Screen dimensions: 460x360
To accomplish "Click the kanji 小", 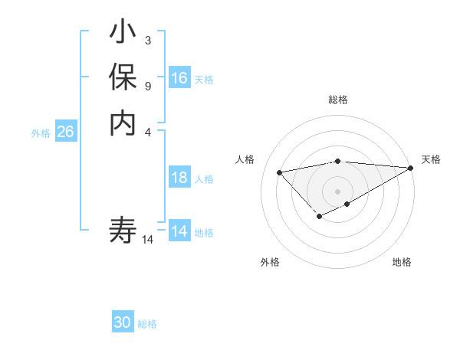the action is pyautogui.click(x=123, y=33).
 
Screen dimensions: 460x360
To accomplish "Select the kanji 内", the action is pyautogui.click(x=123, y=123).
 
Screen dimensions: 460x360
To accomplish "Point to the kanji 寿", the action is pyautogui.click(x=123, y=231).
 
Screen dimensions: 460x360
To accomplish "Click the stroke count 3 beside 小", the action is pyautogui.click(x=147, y=40).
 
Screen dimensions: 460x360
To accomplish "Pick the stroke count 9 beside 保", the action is pyautogui.click(x=147, y=85).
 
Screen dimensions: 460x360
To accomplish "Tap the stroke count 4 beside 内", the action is pyautogui.click(x=147, y=131).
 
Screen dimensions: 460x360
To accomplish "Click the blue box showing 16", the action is pyautogui.click(x=179, y=78).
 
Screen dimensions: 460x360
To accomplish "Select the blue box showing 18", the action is pyautogui.click(x=179, y=178).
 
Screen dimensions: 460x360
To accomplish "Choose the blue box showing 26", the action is pyautogui.click(x=65, y=133).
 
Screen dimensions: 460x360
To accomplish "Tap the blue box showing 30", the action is pyautogui.click(x=123, y=323).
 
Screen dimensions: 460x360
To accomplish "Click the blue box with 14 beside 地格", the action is pyautogui.click(x=179, y=232).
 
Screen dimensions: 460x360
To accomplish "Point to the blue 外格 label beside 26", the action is pyautogui.click(x=41, y=133).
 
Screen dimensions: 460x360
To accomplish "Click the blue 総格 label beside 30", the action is pyautogui.click(x=147, y=324).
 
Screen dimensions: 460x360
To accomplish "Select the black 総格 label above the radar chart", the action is pyautogui.click(x=338, y=100).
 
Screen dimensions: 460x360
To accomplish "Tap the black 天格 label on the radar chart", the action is pyautogui.click(x=431, y=159).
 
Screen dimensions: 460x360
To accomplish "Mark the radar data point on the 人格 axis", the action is pyautogui.click(x=279, y=172).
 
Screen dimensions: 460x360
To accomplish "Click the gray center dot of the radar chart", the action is pyautogui.click(x=338, y=191).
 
